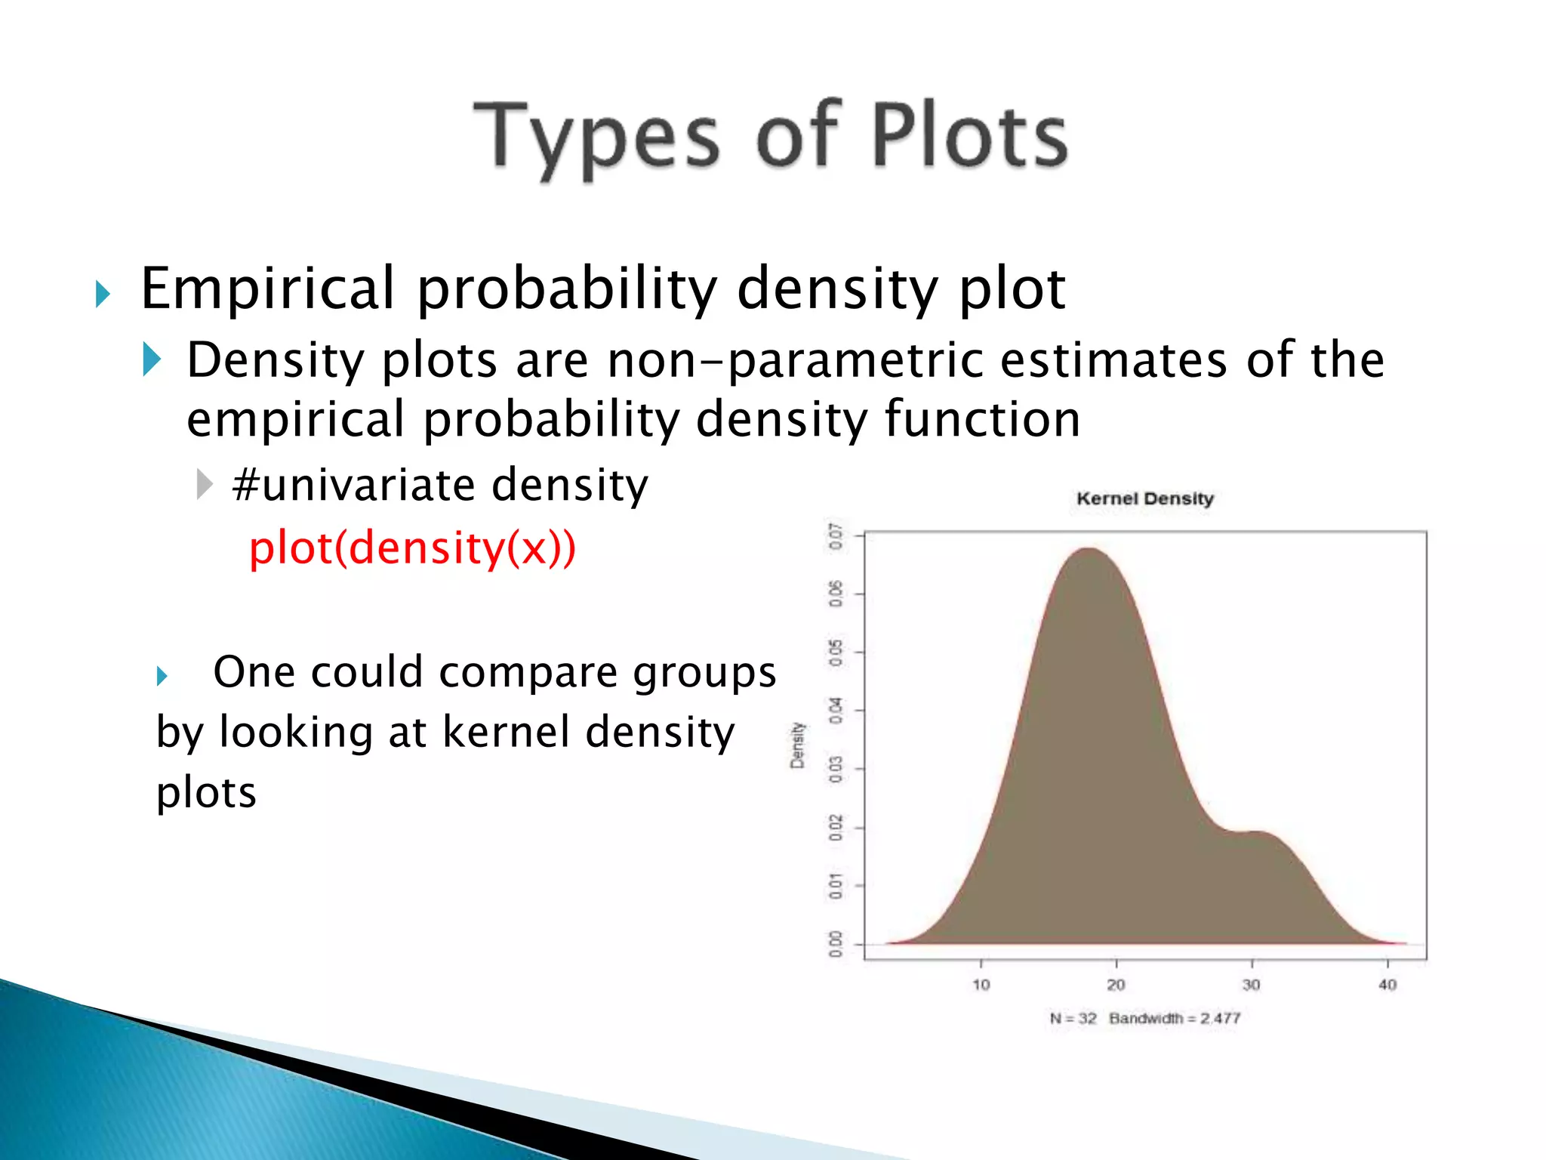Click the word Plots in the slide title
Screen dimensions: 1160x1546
(969, 136)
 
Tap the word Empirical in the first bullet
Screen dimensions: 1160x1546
(268, 288)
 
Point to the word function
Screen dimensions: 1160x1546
(982, 419)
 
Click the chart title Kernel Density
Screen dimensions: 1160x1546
(1144, 498)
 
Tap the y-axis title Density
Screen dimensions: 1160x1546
(797, 745)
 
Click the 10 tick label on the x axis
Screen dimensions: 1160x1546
(981, 985)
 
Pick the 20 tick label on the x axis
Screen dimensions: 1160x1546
(1116, 985)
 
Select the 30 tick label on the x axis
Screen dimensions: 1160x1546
(1251, 985)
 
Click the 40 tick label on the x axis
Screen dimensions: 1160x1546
(1387, 985)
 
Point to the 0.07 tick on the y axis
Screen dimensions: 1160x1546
(835, 536)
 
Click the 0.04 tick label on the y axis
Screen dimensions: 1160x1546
(835, 711)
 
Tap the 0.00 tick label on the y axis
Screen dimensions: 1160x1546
(835, 944)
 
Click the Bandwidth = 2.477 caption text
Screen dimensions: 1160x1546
(1175, 1018)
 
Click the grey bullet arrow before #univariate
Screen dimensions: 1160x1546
(204, 484)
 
